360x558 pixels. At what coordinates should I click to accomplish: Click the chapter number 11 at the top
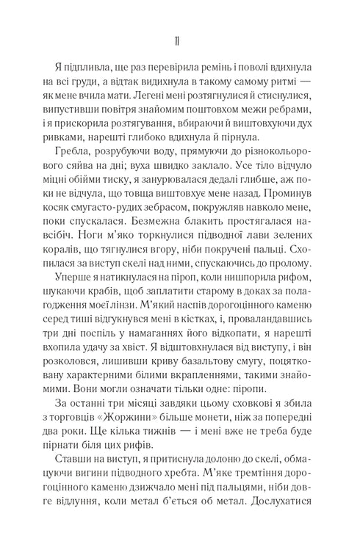click(180, 38)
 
